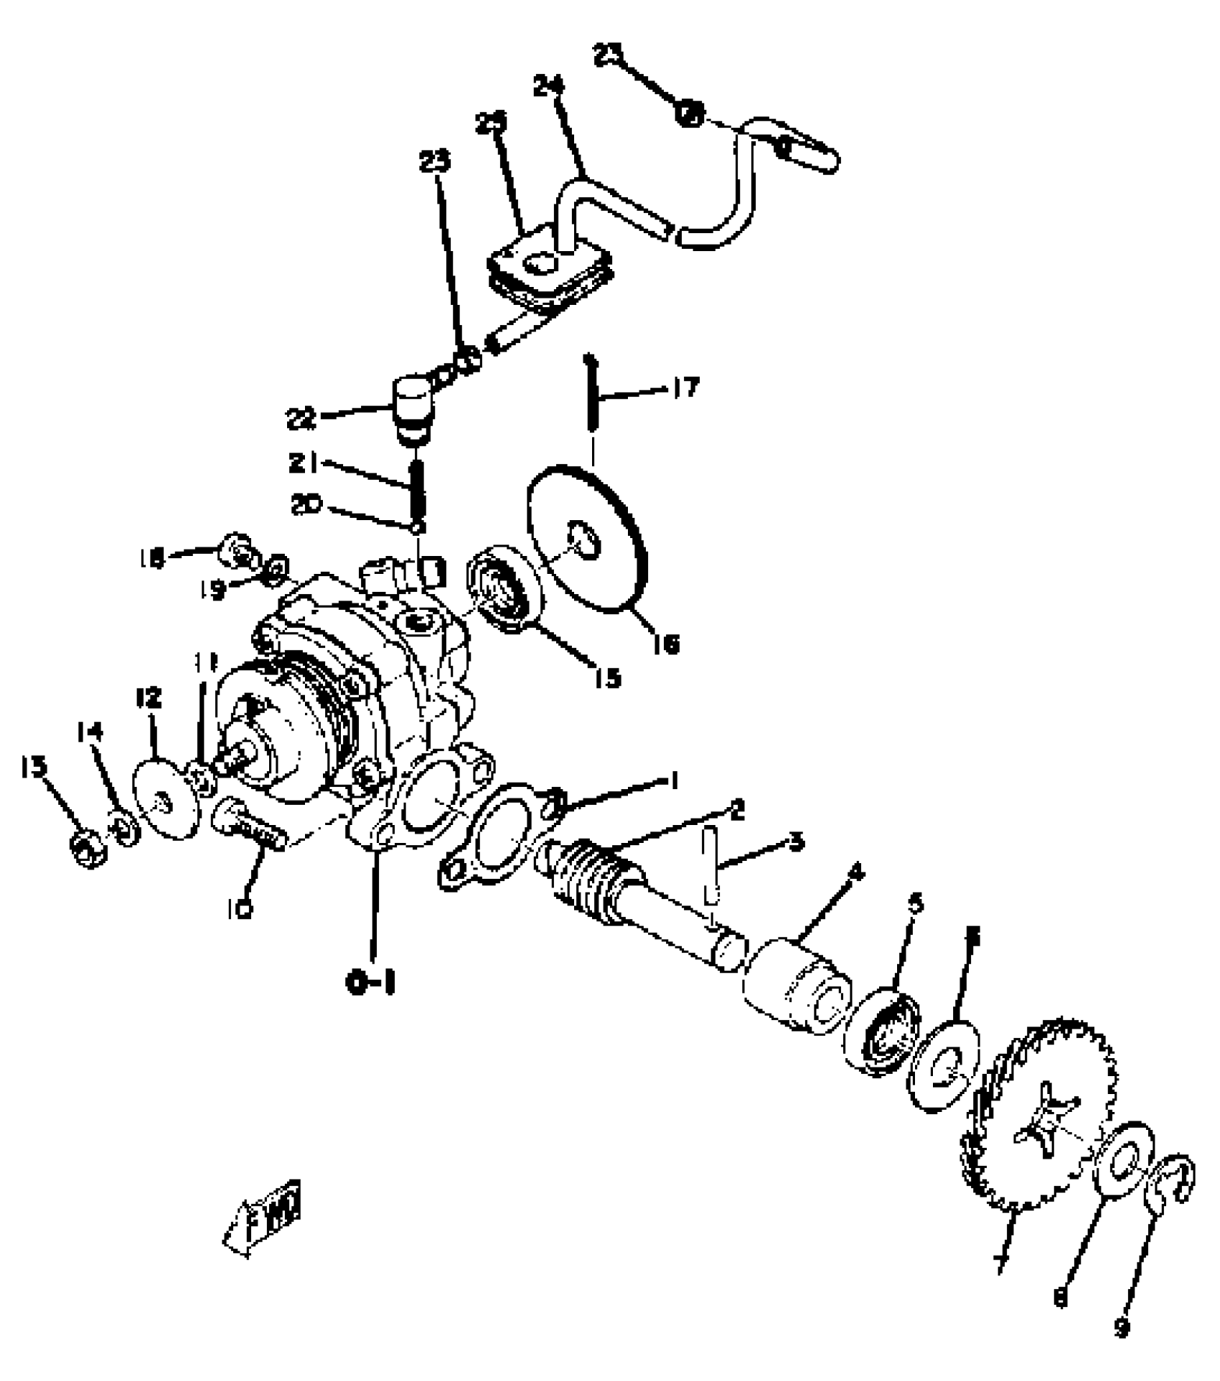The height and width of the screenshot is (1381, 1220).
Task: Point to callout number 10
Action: coord(242,910)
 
